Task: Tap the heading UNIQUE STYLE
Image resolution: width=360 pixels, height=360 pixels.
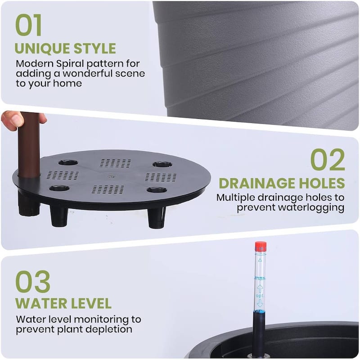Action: pyautogui.click(x=65, y=48)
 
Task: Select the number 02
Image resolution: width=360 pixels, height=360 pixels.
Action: pyautogui.click(x=328, y=159)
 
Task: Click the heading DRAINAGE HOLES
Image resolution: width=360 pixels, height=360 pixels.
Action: pyautogui.click(x=282, y=183)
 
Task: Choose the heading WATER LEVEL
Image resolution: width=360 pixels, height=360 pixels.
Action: pyautogui.click(x=63, y=303)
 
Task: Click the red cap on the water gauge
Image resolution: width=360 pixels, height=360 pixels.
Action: pyautogui.click(x=261, y=247)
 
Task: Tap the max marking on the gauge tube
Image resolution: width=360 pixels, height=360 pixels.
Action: pyautogui.click(x=260, y=278)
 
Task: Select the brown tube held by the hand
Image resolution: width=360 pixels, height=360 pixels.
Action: pyautogui.click(x=29, y=144)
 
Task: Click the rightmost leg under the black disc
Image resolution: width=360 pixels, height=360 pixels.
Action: pyautogui.click(x=156, y=217)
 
